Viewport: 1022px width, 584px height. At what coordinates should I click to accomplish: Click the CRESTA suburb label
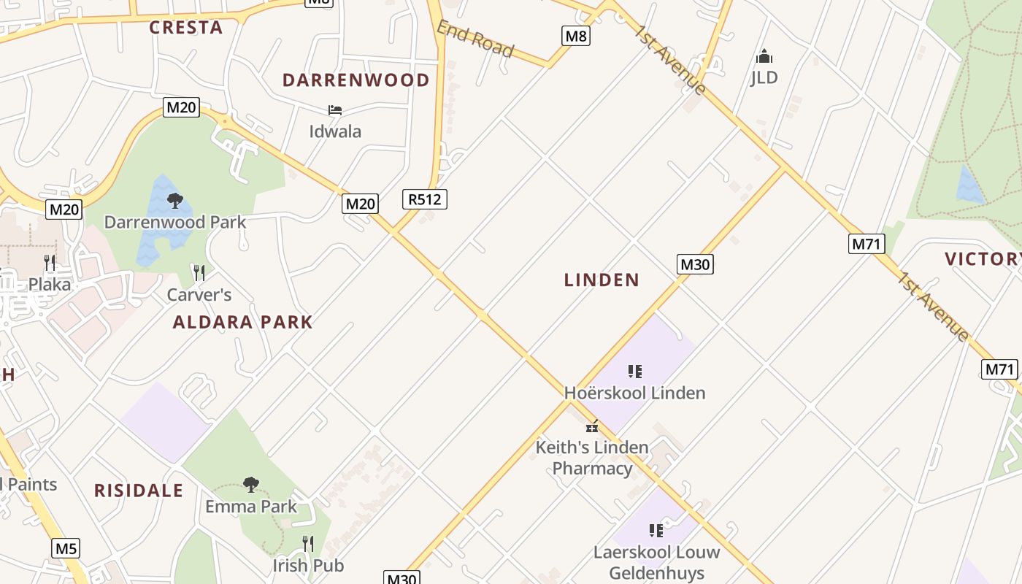coord(186,28)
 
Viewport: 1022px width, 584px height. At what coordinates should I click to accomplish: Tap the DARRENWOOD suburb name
coord(356,80)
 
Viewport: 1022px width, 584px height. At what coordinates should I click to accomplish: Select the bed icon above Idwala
coord(335,110)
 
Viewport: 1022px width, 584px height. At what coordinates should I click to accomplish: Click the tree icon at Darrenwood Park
coord(174,201)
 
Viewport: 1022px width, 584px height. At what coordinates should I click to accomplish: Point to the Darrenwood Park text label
coord(175,222)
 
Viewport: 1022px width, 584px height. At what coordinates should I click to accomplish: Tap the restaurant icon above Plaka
coord(50,263)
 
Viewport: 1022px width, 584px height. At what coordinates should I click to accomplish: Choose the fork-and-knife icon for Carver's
coord(199,273)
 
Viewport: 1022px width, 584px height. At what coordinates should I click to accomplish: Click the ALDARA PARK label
coord(242,322)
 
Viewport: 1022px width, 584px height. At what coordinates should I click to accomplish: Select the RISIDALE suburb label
coord(139,491)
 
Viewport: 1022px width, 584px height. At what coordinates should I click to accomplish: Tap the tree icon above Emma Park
coord(251,485)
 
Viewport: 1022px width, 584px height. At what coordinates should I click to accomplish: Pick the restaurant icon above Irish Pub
coord(308,544)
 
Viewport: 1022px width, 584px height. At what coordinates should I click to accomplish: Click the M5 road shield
coord(66,548)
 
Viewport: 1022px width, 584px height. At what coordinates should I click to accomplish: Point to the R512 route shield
coord(424,199)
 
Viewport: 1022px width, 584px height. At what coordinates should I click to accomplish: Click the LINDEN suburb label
coord(602,280)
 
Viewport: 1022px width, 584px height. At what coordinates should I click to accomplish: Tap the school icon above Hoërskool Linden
coord(635,372)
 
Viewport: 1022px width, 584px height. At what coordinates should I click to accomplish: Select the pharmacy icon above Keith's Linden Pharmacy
coord(592,426)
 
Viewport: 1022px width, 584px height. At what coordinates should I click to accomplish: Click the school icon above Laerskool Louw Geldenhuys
coord(656,531)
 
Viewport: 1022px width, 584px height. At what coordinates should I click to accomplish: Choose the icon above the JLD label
coord(764,56)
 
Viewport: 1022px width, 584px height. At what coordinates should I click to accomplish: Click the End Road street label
coord(475,39)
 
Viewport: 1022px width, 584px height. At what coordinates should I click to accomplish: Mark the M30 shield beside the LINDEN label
coord(694,264)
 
